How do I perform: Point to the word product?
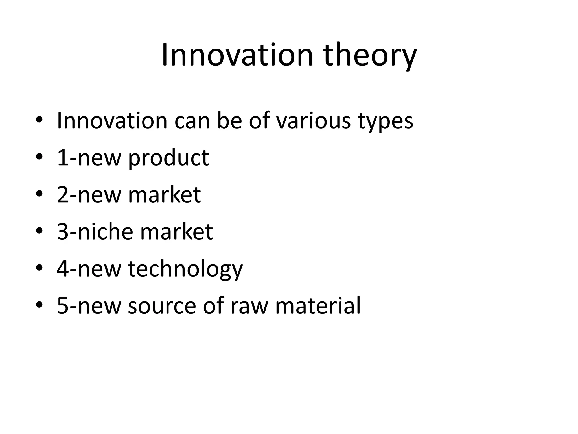point(168,158)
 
